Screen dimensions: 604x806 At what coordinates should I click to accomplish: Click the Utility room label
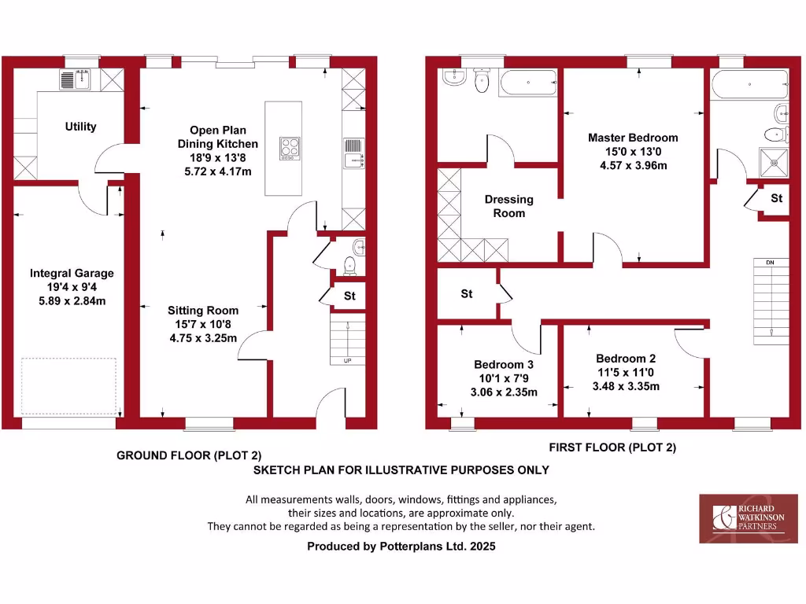80,126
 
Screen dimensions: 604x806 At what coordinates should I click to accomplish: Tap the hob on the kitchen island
290,148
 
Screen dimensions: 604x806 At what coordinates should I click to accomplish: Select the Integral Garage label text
72,273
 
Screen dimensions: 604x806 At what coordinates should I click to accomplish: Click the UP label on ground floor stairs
347,360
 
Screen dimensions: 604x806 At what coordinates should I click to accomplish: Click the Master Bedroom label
632,138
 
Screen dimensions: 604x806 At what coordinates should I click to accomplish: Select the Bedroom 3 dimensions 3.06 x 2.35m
505,392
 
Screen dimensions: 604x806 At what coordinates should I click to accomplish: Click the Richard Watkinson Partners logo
748,517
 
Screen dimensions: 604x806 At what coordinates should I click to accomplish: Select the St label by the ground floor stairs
349,296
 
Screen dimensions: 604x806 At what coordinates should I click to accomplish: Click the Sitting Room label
202,310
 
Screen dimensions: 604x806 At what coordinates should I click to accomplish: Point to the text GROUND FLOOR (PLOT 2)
188,455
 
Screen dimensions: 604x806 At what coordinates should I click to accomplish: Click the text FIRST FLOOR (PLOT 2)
612,447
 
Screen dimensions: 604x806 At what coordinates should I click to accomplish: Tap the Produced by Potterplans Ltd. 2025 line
401,545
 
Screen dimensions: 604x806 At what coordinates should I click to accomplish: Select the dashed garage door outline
68,386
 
